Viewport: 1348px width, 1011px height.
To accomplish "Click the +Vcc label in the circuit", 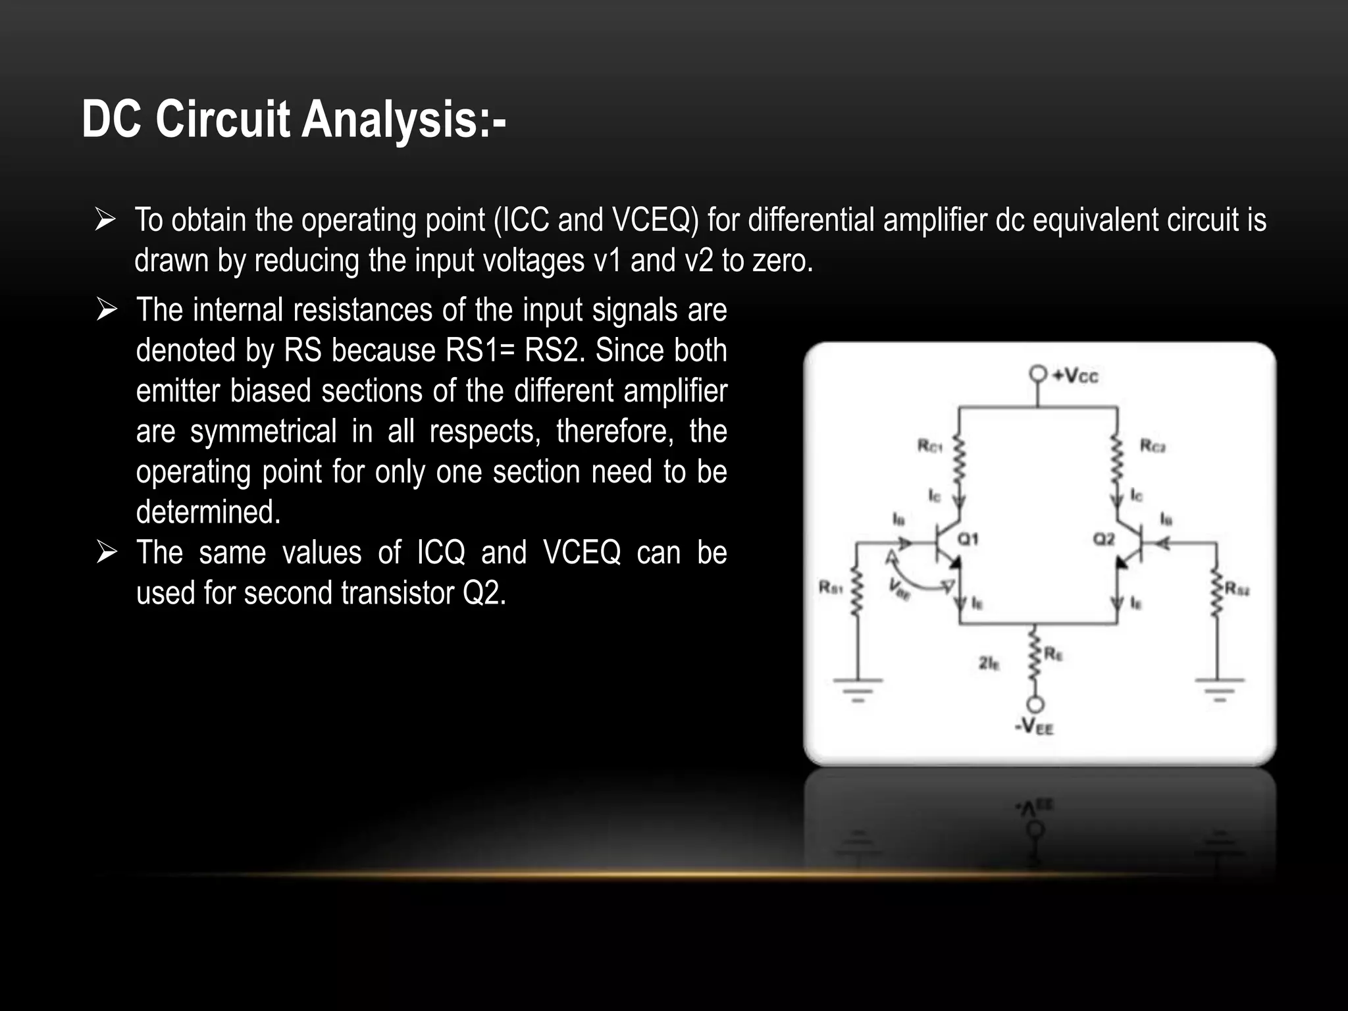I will click(x=1076, y=376).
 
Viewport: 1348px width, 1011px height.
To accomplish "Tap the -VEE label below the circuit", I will click(x=1034, y=727).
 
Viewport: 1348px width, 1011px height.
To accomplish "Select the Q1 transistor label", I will click(x=968, y=539).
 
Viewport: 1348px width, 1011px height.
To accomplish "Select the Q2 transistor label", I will click(x=1104, y=539).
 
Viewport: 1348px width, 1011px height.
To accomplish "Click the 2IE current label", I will click(x=989, y=663).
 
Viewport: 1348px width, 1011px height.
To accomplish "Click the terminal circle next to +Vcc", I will click(x=1038, y=374).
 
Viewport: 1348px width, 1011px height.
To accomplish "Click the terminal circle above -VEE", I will click(x=1035, y=705).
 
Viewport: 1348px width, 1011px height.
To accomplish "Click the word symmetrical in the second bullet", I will click(x=263, y=432).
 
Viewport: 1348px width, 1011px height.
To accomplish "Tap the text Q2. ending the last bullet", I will click(x=484, y=593).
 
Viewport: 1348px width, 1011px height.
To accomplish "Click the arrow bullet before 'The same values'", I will click(x=106, y=552).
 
